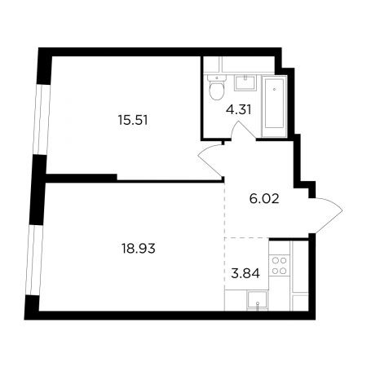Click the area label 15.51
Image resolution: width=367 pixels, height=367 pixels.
(x=133, y=120)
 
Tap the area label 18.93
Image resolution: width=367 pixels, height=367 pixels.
(x=139, y=249)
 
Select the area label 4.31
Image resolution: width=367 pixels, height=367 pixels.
(x=238, y=110)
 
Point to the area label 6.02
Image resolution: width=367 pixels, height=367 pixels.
(x=264, y=199)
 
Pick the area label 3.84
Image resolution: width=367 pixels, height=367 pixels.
(x=245, y=273)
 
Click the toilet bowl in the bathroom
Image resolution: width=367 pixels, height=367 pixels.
(x=217, y=91)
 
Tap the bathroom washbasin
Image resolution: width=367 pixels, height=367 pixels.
(x=245, y=82)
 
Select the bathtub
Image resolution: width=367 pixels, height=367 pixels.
(x=274, y=107)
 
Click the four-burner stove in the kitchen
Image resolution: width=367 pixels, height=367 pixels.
(x=280, y=266)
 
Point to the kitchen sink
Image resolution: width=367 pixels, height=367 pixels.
(x=257, y=300)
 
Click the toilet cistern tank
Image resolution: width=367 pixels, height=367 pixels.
(x=217, y=78)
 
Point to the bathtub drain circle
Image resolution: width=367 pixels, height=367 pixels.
(x=275, y=89)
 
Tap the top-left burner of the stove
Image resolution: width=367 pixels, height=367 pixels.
(x=275, y=261)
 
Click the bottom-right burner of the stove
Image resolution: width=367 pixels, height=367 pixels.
(x=284, y=271)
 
